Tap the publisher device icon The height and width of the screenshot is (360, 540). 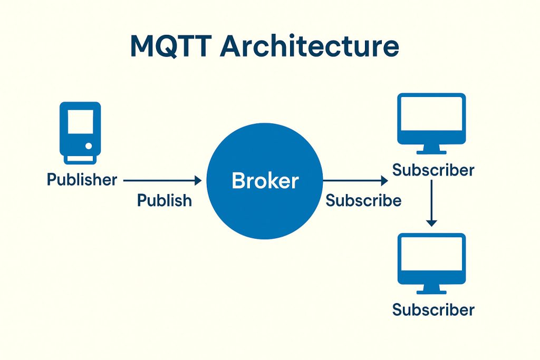[x=80, y=132]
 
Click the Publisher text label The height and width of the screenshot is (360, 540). [x=82, y=180]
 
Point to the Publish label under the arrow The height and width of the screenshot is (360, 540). [x=165, y=200]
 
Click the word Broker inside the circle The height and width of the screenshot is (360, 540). [x=265, y=181]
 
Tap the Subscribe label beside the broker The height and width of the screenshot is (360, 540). [x=363, y=201]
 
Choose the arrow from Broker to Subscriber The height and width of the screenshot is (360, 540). [x=354, y=181]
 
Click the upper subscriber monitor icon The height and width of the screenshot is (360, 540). [x=432, y=119]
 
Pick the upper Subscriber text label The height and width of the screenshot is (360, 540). [x=433, y=170]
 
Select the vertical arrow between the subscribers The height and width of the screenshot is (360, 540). [x=432, y=202]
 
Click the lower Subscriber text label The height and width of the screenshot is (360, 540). [x=433, y=309]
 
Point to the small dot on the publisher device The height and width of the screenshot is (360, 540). [x=89, y=145]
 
